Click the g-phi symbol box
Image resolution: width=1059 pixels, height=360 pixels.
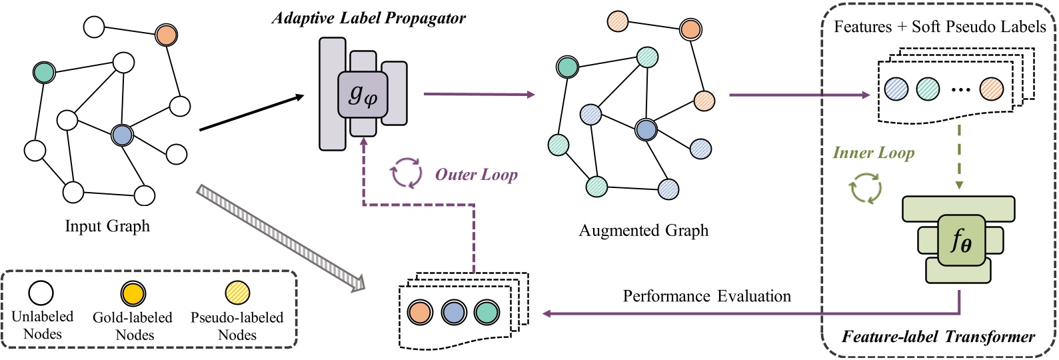363,95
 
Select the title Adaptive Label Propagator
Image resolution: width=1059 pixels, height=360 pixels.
369,18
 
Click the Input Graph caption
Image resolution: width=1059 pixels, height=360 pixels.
107,226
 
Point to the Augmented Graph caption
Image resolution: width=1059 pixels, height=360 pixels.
643,231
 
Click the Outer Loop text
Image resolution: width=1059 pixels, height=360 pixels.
476,175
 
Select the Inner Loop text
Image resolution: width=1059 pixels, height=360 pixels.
873,153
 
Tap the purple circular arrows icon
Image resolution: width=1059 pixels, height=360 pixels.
406,173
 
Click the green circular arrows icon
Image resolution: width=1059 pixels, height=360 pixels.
866,188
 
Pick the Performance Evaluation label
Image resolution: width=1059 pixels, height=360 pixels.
706,296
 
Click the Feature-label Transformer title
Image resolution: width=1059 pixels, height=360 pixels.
938,337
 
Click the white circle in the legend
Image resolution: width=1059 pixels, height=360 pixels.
41,293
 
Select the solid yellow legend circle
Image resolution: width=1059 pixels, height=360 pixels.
133,293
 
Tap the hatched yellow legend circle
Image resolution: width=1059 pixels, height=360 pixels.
237,293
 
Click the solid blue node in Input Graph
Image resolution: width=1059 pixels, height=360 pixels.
122,135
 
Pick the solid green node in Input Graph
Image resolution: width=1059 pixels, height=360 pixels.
44,72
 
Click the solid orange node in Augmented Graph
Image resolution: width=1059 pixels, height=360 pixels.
690,29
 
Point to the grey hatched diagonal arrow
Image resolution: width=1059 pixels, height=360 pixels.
280,238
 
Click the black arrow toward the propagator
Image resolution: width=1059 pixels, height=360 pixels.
251,113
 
